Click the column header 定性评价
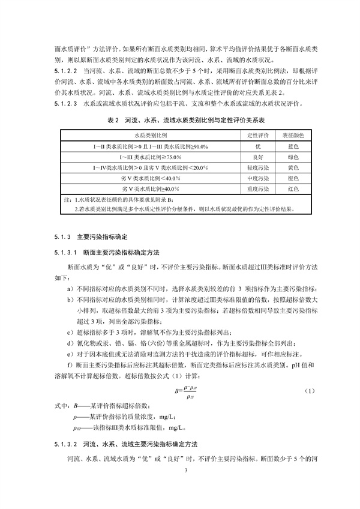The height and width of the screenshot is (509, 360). pos(257,136)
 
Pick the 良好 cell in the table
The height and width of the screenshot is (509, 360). pos(257,157)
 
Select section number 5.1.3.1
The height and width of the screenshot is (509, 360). pos(64,251)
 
